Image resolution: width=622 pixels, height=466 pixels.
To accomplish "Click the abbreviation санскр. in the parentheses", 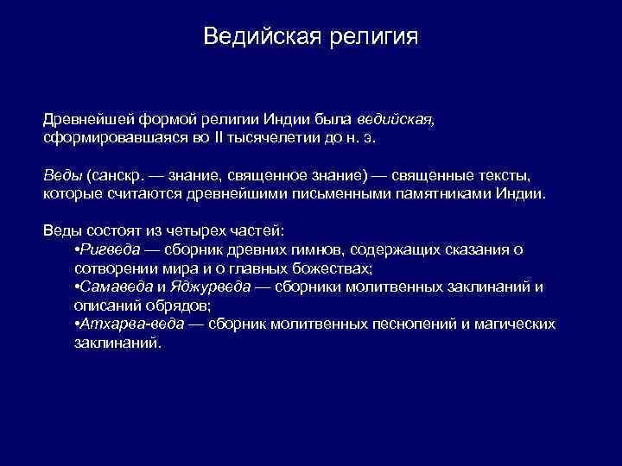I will pyautogui.click(x=117, y=175).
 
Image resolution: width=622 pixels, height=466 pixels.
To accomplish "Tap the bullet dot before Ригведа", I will pyautogui.click(x=78, y=250).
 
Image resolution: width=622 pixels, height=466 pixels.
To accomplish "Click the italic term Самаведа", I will pyautogui.click(x=117, y=287).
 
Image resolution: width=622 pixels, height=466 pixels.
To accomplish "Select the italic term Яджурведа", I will pyautogui.click(x=212, y=287).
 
